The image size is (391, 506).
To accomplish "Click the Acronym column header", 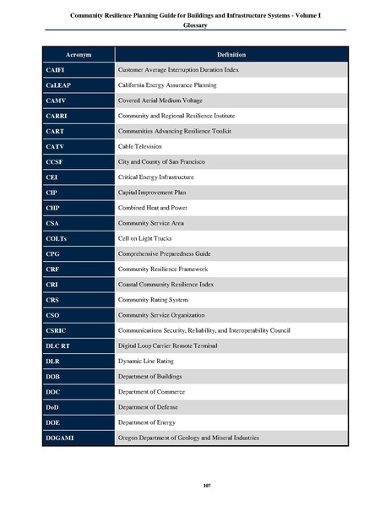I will [x=77, y=55].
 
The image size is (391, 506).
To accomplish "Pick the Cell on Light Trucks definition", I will [x=150, y=238].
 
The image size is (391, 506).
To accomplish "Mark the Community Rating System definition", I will [x=158, y=300].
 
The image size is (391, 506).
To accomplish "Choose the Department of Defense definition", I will [x=153, y=407].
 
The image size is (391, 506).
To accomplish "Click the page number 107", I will [x=195, y=483].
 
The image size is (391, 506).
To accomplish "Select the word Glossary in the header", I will [x=195, y=26].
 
